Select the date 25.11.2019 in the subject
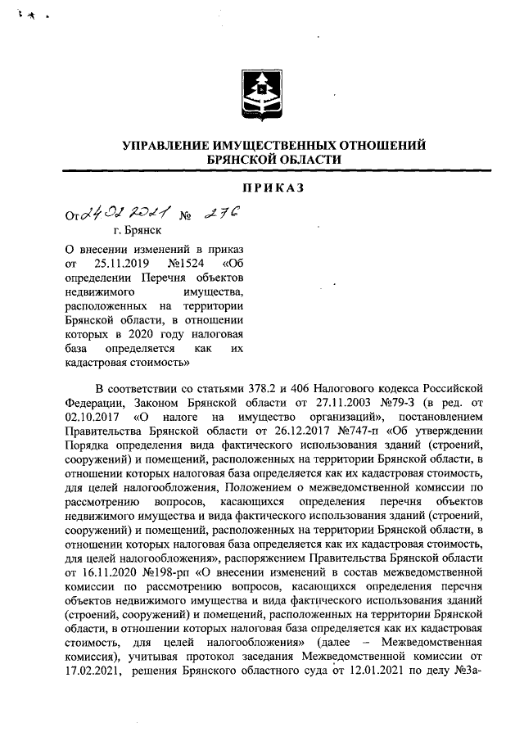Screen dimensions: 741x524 121,264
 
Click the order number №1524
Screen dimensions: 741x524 185,264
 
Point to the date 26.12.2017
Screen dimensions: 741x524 282,431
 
